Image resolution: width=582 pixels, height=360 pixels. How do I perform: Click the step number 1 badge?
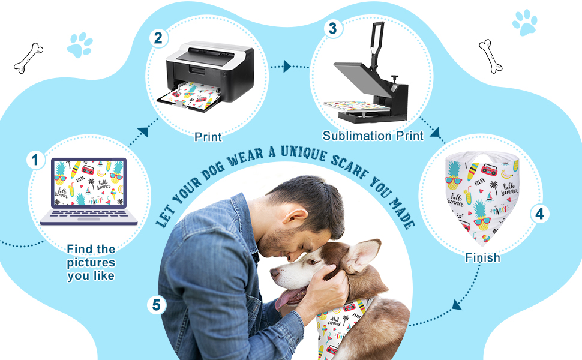pyautogui.click(x=35, y=160)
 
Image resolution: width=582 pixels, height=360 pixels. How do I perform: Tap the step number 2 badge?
pyautogui.click(x=158, y=38)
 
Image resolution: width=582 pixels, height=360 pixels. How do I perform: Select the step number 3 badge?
pyautogui.click(x=332, y=28)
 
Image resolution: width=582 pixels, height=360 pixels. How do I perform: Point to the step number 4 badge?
pyautogui.click(x=539, y=214)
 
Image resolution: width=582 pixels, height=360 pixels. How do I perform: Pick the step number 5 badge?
pyautogui.click(x=156, y=305)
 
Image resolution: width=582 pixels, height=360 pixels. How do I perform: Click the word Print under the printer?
pyautogui.click(x=208, y=137)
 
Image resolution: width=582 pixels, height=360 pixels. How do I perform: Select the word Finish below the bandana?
pyautogui.click(x=482, y=257)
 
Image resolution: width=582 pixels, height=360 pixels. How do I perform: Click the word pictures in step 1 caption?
pyautogui.click(x=91, y=262)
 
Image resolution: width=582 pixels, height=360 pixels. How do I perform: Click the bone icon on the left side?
pyautogui.click(x=29, y=58)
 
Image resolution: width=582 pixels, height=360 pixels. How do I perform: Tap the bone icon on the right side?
pyautogui.click(x=490, y=56)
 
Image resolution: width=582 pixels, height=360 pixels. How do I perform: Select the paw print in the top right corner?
pyautogui.click(x=525, y=23)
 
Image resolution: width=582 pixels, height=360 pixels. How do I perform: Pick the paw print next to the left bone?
pyautogui.click(x=80, y=45)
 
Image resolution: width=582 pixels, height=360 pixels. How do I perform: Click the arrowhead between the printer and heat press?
pyautogui.click(x=287, y=67)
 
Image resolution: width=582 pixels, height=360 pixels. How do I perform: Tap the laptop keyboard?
pyautogui.click(x=89, y=215)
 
